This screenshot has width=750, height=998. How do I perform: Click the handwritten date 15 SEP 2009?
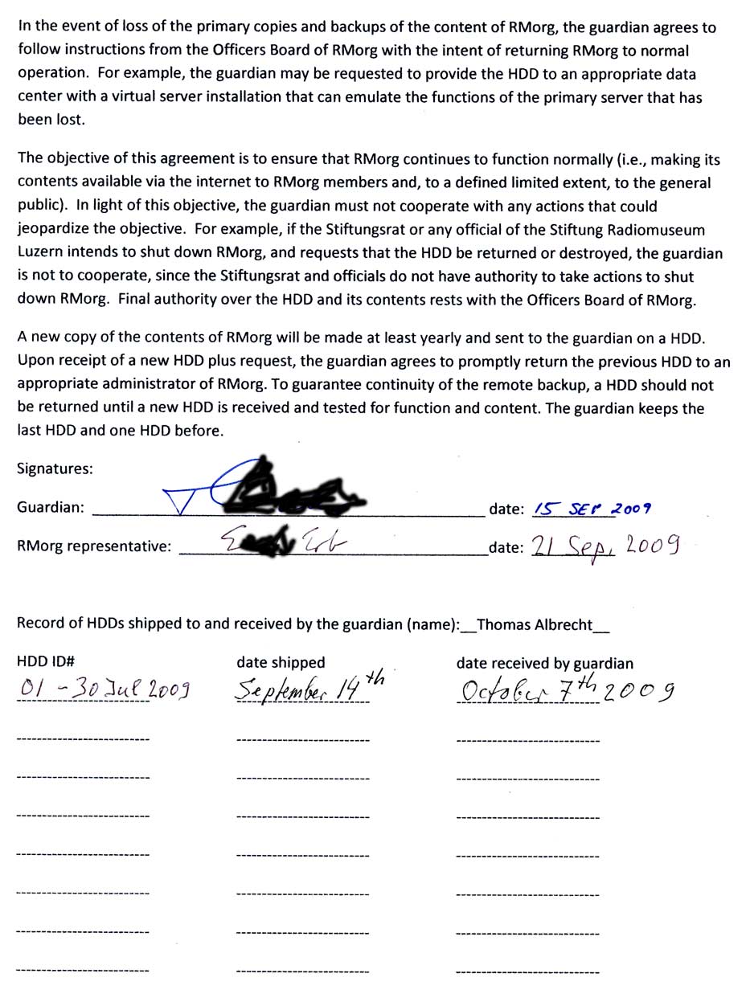click(592, 509)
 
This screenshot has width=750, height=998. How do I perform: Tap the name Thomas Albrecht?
click(535, 624)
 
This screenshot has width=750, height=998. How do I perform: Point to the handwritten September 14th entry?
click(305, 689)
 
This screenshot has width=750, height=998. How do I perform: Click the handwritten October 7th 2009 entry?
click(566, 689)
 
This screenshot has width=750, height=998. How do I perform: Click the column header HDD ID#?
click(46, 662)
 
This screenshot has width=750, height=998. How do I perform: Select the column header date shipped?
click(281, 663)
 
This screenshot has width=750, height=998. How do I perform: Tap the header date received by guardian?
click(544, 664)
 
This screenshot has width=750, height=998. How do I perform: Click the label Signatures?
click(55, 469)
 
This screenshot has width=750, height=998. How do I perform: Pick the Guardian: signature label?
click(50, 508)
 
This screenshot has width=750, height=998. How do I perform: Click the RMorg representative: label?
click(94, 546)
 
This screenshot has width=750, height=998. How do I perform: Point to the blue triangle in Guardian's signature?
click(183, 501)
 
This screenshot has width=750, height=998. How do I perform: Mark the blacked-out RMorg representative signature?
click(267, 545)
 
